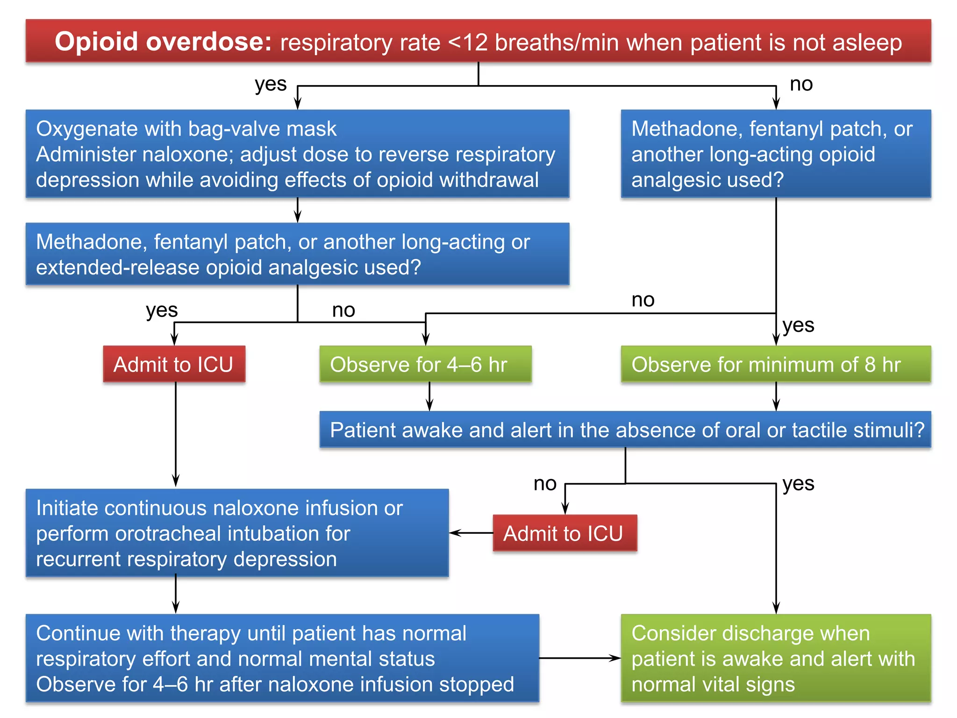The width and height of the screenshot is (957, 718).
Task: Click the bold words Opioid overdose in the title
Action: (163, 42)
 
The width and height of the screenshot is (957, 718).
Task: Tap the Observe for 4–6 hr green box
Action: (425, 365)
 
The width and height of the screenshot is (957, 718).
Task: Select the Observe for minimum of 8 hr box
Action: (775, 365)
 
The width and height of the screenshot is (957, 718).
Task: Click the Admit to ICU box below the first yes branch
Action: (174, 365)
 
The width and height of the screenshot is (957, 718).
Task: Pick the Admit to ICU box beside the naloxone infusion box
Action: (564, 533)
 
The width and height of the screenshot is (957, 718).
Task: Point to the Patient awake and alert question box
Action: (625, 430)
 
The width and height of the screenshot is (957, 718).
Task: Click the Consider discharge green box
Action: (775, 658)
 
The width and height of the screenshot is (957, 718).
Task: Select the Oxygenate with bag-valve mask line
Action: (186, 129)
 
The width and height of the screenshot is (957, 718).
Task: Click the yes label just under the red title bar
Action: (271, 84)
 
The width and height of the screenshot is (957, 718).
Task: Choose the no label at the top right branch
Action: (801, 84)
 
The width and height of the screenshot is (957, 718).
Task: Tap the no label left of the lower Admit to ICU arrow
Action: (545, 483)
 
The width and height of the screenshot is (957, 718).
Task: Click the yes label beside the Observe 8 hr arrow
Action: (798, 325)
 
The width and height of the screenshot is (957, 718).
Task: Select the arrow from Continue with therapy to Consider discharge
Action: (579, 658)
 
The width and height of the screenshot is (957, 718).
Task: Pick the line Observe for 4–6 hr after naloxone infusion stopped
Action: (275, 684)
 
